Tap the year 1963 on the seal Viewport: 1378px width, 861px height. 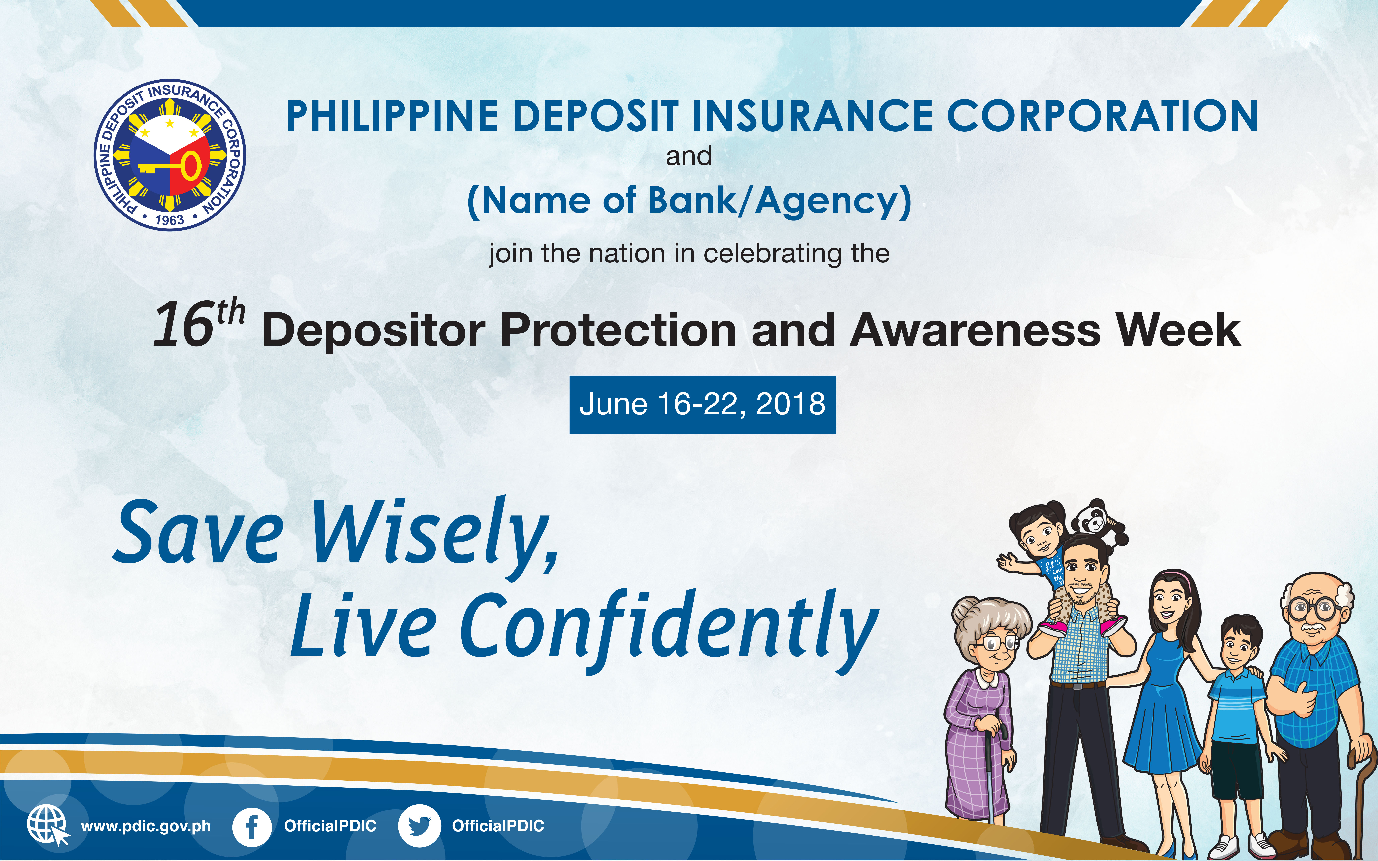170,220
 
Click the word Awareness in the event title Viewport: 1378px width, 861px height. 975,330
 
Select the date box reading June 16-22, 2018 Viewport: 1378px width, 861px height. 702,404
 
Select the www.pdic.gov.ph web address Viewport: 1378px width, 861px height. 146,826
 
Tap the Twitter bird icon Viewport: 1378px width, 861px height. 419,826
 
